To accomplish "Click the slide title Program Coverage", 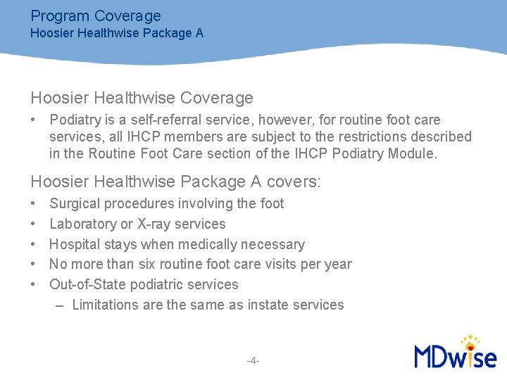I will [x=96, y=15].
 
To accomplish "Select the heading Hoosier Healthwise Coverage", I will [x=142, y=98].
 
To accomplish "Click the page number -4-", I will [x=254, y=361].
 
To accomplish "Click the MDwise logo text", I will [x=455, y=356].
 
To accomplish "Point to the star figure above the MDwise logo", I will [x=468, y=341].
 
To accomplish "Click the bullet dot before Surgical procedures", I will [x=34, y=204].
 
